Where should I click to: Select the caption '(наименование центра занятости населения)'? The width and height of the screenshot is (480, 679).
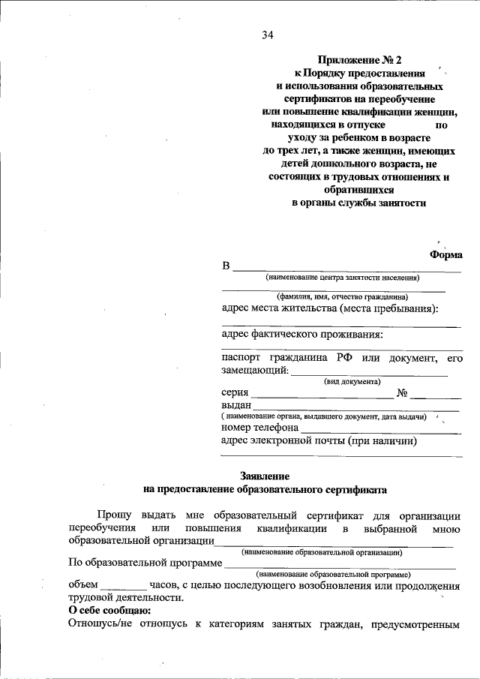(x=341, y=278)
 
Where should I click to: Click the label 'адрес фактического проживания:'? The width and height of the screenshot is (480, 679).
(x=302, y=334)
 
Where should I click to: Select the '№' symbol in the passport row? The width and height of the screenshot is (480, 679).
(x=402, y=392)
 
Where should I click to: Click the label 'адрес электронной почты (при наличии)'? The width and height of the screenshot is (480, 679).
(x=319, y=441)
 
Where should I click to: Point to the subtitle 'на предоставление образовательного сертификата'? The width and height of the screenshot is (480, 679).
(x=265, y=489)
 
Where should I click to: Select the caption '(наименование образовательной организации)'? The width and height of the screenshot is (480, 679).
(x=322, y=552)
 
